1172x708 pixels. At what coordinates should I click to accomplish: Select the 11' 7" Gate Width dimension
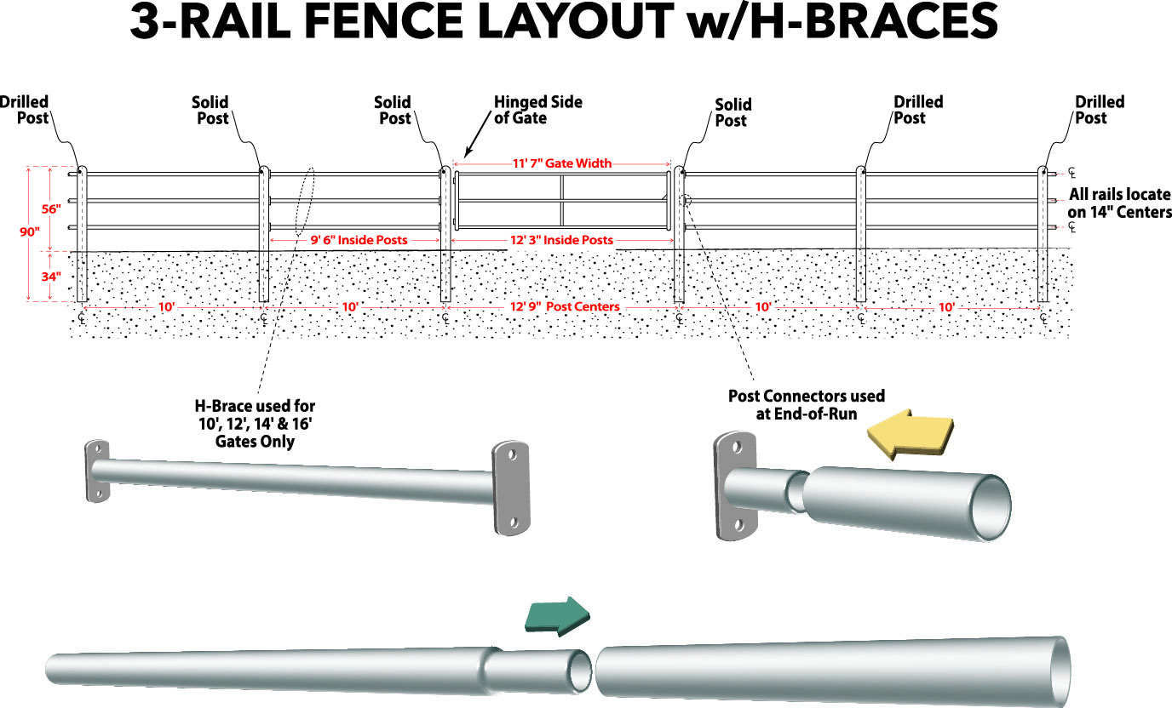click(561, 163)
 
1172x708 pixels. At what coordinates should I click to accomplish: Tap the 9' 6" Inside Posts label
click(357, 240)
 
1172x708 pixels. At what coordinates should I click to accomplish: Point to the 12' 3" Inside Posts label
click(561, 240)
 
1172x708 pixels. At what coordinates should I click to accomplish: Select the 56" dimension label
click(52, 208)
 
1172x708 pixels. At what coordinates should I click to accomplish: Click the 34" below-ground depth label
click(52, 276)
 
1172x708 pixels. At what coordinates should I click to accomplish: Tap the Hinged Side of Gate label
click(537, 110)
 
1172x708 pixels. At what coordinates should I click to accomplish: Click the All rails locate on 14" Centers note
click(1119, 203)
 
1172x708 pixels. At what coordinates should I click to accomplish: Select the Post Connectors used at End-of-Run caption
click(806, 403)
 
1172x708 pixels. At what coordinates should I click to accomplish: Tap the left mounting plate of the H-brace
click(96, 471)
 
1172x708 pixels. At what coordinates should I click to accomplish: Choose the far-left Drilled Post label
click(26, 110)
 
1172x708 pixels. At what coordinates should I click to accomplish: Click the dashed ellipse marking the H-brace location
click(305, 200)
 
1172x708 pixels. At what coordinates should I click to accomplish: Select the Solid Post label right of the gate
click(732, 112)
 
